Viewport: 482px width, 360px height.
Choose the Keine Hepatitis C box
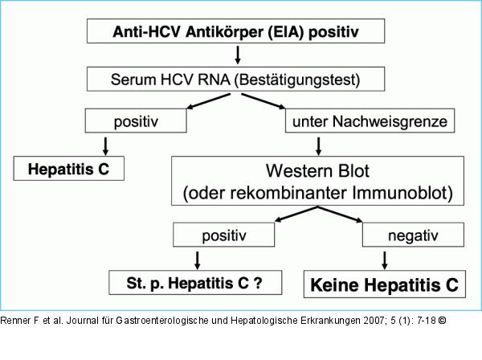point(384,284)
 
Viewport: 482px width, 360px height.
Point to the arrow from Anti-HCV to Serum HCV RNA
point(238,55)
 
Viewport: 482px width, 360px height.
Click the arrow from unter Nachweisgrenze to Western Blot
point(320,145)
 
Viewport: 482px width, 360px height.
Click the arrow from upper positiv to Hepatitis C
point(105,145)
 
